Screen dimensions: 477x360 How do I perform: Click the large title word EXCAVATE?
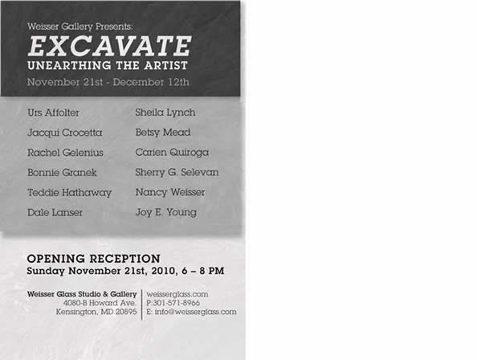pos(109,46)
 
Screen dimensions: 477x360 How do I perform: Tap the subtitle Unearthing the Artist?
pos(108,65)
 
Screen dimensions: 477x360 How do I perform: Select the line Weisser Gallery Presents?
pos(80,27)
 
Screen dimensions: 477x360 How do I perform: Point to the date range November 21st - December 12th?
pos(108,82)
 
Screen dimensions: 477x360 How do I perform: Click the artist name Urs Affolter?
pos(53,112)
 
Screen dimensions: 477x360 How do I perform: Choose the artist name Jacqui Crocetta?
pos(65,133)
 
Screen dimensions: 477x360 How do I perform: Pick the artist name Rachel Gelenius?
pos(65,153)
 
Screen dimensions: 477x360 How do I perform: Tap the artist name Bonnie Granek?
pos(62,173)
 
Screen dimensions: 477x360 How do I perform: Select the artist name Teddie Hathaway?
pos(70,193)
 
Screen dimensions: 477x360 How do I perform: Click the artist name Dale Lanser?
pos(55,212)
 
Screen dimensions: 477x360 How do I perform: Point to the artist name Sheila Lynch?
pos(165,112)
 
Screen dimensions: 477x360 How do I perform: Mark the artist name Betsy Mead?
pos(163,133)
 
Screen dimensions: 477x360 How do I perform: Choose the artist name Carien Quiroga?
pos(172,153)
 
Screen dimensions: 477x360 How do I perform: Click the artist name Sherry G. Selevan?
pos(177,173)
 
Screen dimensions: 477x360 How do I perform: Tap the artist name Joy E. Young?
pos(166,212)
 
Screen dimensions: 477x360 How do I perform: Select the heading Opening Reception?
pos(94,259)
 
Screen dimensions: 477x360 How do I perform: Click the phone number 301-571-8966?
pos(177,303)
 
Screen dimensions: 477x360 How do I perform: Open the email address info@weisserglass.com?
pos(196,313)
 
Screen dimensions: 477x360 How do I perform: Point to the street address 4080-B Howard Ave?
pos(100,303)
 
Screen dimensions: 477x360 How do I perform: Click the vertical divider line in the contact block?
pos(142,305)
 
